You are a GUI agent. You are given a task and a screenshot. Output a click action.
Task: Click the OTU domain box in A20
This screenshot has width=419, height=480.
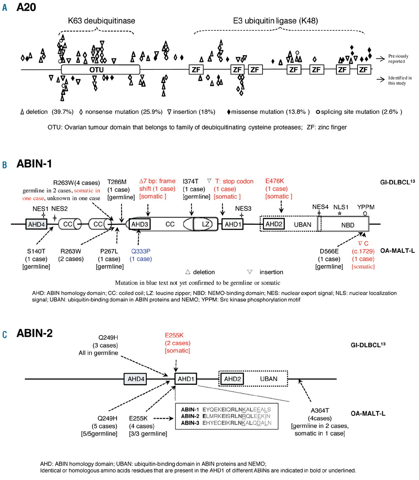pyautogui.click(x=100, y=70)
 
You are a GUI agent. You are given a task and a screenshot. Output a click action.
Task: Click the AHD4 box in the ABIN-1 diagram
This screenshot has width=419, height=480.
pyautogui.click(x=36, y=224)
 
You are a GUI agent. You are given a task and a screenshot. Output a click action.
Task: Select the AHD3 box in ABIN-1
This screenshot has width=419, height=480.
pyautogui.click(x=140, y=224)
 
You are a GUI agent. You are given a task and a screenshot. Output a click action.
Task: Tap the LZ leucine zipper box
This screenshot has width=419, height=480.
pyautogui.click(x=206, y=224)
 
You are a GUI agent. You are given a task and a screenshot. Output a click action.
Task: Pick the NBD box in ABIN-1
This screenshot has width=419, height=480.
pyautogui.click(x=347, y=225)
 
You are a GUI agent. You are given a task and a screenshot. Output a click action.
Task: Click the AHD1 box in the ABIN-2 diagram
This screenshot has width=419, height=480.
pyautogui.click(x=186, y=379)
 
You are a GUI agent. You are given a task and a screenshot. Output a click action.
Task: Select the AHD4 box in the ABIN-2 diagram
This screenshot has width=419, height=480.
pyautogui.click(x=136, y=379)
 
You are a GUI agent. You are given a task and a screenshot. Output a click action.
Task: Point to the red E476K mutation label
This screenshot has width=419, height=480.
pyautogui.click(x=275, y=181)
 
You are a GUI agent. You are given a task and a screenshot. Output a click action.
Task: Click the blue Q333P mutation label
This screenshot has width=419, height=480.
pyautogui.click(x=141, y=251)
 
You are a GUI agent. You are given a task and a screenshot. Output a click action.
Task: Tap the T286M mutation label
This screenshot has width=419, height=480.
pyautogui.click(x=117, y=182)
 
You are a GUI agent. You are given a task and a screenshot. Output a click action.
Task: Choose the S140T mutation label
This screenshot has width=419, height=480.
pyautogui.click(x=36, y=251)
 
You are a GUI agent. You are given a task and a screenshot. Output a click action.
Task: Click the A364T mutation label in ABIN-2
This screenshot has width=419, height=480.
pyautogui.click(x=320, y=411)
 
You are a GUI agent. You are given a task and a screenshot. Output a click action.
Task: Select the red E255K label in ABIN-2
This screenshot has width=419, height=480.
pyautogui.click(x=174, y=335)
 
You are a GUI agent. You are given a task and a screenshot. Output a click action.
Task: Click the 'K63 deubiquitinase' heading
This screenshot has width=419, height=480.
pyautogui.click(x=101, y=21)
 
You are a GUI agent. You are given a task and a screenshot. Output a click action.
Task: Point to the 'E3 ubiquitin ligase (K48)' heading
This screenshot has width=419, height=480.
pyautogui.click(x=275, y=21)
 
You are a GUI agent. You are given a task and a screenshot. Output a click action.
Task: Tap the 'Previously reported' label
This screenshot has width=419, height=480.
pyautogui.click(x=398, y=58)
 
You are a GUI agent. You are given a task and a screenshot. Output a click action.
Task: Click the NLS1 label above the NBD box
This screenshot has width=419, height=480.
pyautogui.click(x=341, y=207)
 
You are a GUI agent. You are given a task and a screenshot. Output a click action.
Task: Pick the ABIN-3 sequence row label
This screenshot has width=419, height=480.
pyautogui.click(x=190, y=423)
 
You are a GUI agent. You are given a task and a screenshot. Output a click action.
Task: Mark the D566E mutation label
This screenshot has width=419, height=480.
pyautogui.click(x=329, y=251)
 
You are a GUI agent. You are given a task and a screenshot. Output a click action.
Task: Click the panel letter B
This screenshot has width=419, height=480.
pyautogui.click(x=5, y=165)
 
